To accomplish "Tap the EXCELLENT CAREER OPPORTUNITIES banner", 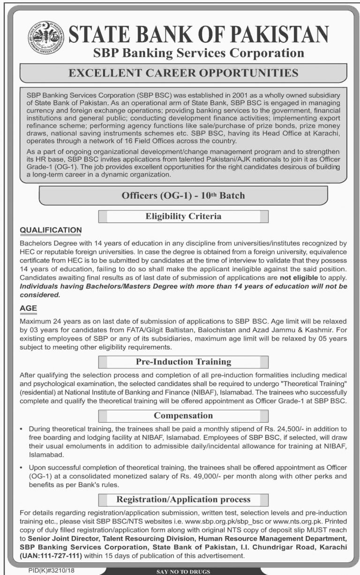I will click(183, 73).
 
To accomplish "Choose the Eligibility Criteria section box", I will click(183, 217).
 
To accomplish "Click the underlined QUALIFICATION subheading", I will click(51, 230).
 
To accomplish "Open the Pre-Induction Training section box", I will click(183, 362).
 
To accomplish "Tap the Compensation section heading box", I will click(183, 416).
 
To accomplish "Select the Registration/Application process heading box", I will click(183, 500).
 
